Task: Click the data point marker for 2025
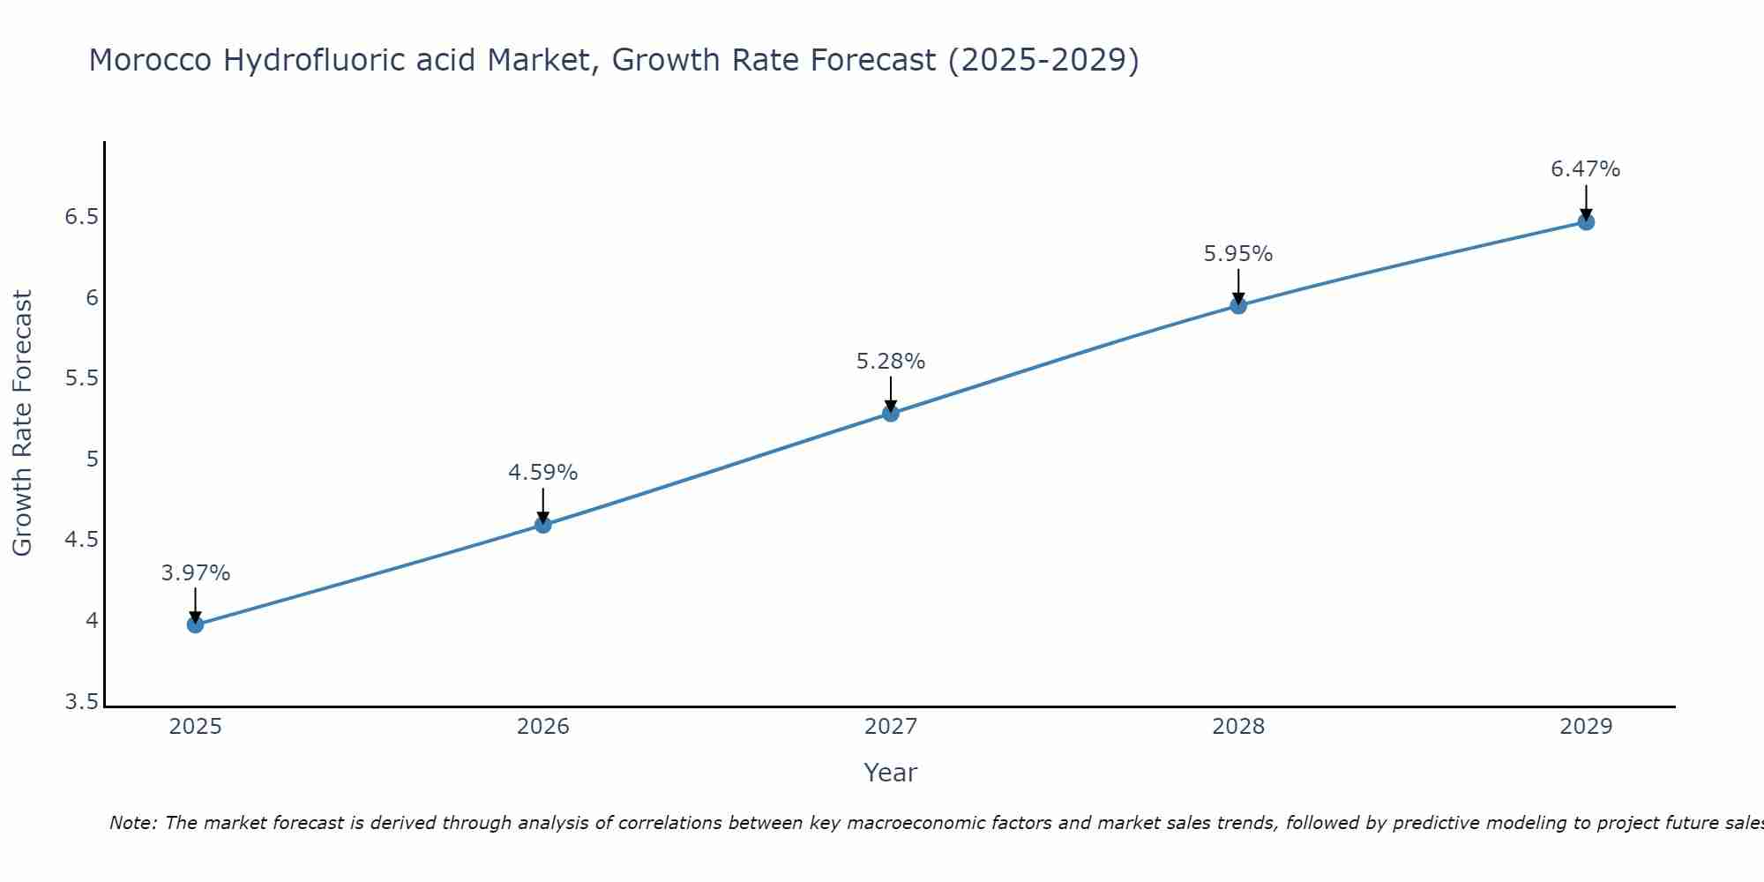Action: (x=195, y=624)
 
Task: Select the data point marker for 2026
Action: (x=543, y=525)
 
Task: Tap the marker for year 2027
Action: (x=891, y=413)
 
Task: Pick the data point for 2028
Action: (x=1238, y=305)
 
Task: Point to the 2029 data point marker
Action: (x=1586, y=221)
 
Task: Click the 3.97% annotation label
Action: (x=195, y=573)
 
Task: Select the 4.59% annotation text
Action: (x=543, y=473)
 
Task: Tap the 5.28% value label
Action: (x=891, y=362)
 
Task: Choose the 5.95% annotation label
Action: (x=1238, y=254)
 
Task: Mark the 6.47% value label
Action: (x=1586, y=169)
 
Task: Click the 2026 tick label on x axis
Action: (x=543, y=727)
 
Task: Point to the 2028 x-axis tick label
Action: (x=1238, y=727)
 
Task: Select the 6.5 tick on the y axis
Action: (x=82, y=217)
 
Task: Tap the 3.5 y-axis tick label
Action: (x=82, y=702)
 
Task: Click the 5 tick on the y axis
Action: (x=92, y=460)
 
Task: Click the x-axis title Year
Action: (x=891, y=773)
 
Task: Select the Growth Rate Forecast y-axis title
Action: (x=22, y=423)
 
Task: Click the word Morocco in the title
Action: (x=150, y=60)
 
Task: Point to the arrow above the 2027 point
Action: (x=891, y=393)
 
